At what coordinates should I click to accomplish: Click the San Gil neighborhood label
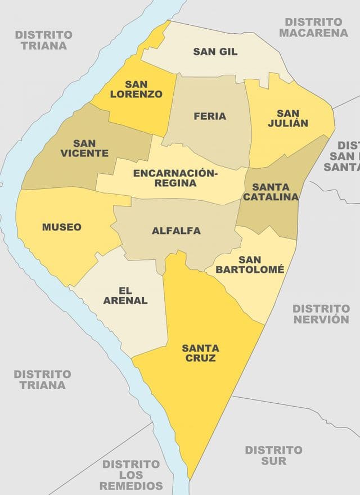tap(215, 52)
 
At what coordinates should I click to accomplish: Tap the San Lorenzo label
tap(136, 89)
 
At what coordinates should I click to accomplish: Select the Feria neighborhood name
tap(210, 116)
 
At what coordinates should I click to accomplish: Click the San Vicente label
tap(84, 148)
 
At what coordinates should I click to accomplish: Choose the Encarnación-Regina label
tap(174, 178)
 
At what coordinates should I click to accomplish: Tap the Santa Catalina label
tap(271, 192)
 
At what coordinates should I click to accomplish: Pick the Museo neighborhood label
tap(61, 227)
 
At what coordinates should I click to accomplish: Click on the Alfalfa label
tap(176, 231)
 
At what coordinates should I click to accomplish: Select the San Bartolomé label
tap(249, 264)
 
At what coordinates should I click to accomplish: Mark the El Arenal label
tap(125, 295)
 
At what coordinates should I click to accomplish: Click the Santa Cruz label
tap(200, 353)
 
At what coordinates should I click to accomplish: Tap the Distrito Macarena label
tap(313, 27)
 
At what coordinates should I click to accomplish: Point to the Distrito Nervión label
tap(321, 314)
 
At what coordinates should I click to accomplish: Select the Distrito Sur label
tap(273, 455)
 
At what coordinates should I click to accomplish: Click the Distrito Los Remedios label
tap(132, 475)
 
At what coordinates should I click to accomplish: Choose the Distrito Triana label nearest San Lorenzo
tap(44, 40)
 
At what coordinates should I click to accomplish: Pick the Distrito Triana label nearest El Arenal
tap(43, 379)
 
